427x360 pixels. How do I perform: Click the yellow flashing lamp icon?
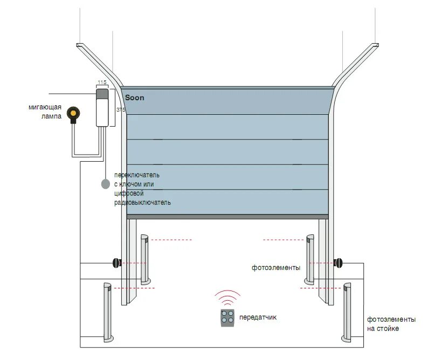click(73, 114)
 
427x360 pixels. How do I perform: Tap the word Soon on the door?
click(134, 98)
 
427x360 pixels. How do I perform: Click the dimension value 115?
click(101, 82)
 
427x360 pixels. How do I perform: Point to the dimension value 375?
click(120, 109)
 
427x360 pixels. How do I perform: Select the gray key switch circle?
click(106, 184)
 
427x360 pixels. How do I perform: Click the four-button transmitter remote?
click(228, 318)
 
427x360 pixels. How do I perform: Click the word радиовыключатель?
click(142, 203)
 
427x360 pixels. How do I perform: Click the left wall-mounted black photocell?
click(116, 263)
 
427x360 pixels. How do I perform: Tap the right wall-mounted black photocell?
click(338, 263)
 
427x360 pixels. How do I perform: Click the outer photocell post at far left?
click(107, 313)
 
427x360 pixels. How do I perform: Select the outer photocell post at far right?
click(347, 313)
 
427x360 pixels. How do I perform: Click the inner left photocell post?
click(144, 259)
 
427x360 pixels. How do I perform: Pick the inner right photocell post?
click(310, 259)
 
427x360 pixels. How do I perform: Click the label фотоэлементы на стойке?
click(391, 324)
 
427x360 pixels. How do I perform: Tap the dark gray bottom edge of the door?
click(227, 216)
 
